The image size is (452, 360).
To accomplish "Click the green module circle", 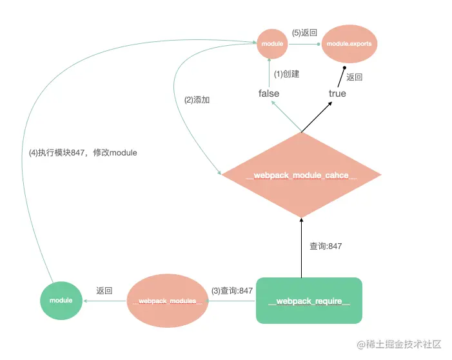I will pos(61,300).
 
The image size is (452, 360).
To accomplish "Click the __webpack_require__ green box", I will pos(309,301).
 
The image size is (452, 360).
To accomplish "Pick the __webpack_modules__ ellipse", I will pos(167,301).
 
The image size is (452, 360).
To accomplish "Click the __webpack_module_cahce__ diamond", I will pos(301,175).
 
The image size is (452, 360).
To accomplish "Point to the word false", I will pos(269,94).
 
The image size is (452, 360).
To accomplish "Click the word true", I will pos(337,94).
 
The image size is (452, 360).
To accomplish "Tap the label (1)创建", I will pos(287,74).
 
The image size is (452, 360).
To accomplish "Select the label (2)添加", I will pos(197,100).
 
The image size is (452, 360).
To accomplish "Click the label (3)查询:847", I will pos(232,291).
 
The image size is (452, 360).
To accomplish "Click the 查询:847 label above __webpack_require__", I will pos(326,246).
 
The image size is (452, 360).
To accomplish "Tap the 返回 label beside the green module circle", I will pos(104,291).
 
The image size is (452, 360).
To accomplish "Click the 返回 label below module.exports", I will pos(354,77).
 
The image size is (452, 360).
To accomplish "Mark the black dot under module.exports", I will pos(345,67).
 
